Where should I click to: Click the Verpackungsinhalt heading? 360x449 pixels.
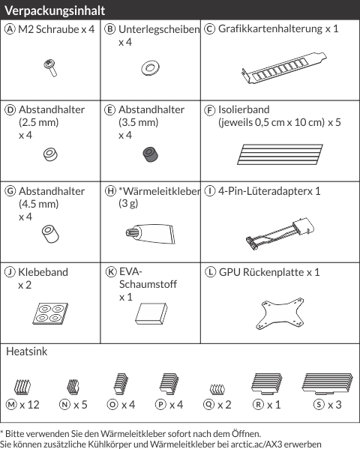pos(55,10)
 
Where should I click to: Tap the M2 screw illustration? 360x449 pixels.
pos(50,68)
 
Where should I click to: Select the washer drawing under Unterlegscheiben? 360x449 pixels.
pos(150,68)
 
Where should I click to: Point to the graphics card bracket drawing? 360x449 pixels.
pos(283,68)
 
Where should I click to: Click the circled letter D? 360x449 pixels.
pos(10,110)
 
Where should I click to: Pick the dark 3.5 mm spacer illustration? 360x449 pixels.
pos(151,154)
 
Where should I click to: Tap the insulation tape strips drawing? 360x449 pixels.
pos(280,154)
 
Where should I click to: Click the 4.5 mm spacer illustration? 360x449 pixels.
pos(50,234)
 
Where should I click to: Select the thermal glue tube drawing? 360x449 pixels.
pos(150,234)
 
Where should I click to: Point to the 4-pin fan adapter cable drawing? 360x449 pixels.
pos(280,234)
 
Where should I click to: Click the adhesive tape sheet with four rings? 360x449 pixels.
pos(50,313)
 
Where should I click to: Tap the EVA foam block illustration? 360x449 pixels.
pos(151,313)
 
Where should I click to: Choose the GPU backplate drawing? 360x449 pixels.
pos(280,313)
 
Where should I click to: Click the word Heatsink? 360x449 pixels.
pos(27,352)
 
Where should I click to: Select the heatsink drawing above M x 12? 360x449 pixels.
pos(22,387)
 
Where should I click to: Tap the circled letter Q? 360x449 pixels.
pos(208,405)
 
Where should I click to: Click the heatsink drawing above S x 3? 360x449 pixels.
pos(327,384)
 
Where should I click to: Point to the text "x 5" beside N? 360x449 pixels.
pos(80,405)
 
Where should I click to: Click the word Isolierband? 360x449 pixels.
pos(244,109)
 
